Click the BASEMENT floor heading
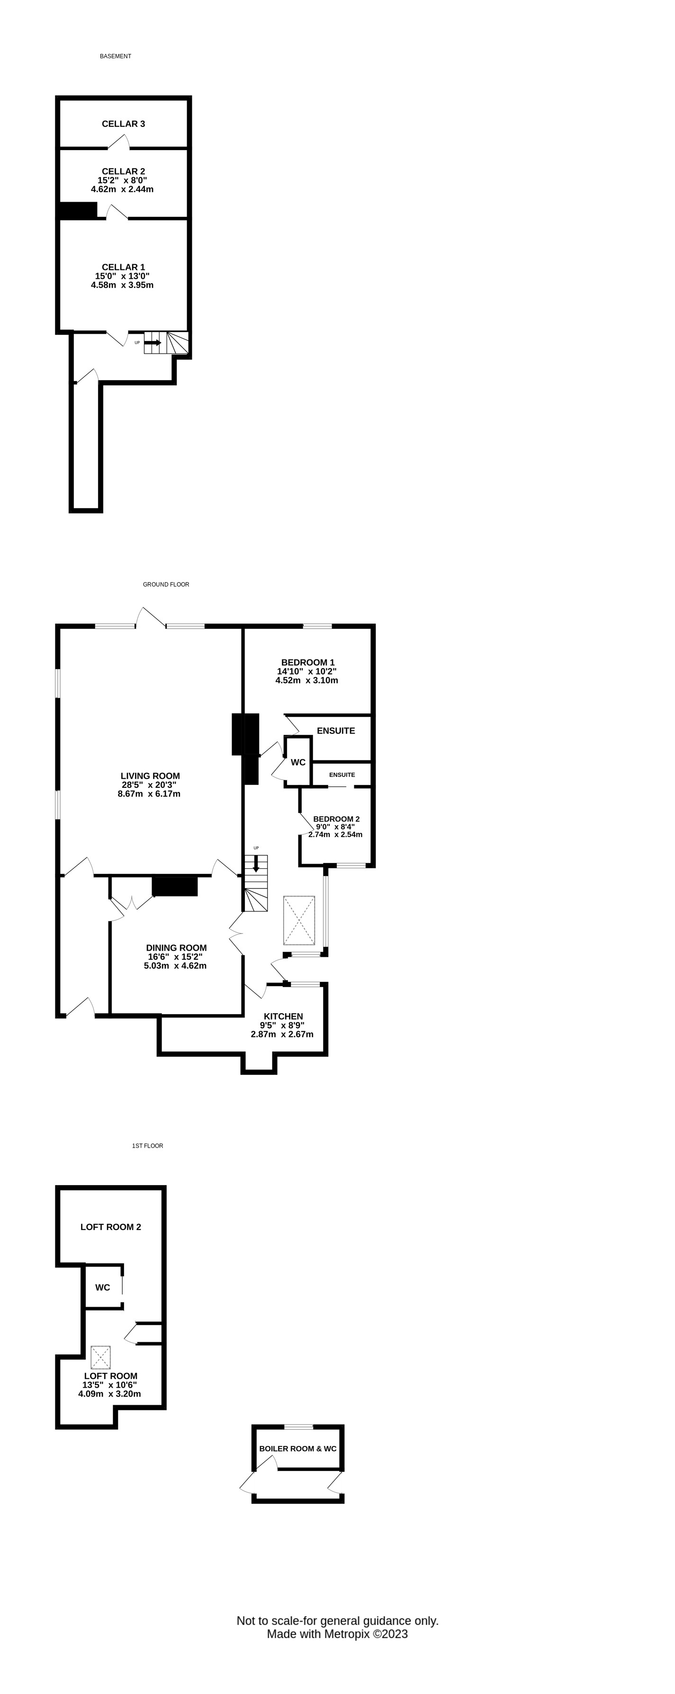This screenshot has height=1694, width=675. point(116,56)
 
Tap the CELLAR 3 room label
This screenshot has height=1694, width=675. point(124,124)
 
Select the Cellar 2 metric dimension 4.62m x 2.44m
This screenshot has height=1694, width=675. point(122,189)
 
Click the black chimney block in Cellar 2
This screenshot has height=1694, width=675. point(78,210)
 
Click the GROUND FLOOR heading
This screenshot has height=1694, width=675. point(166,585)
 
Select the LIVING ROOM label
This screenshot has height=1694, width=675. point(150,776)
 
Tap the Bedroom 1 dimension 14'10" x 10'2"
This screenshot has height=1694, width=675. point(306,671)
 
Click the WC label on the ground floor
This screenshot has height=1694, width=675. point(298,763)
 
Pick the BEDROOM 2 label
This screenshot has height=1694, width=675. point(336,819)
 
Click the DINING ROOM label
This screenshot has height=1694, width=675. point(176,948)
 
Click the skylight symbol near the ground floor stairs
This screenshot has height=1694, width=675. point(299,921)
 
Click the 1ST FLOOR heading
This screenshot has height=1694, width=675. point(147,1146)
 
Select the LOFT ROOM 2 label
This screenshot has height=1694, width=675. point(110,1227)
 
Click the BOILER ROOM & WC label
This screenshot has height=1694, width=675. point(298,1449)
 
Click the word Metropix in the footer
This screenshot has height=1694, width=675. point(347,1634)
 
